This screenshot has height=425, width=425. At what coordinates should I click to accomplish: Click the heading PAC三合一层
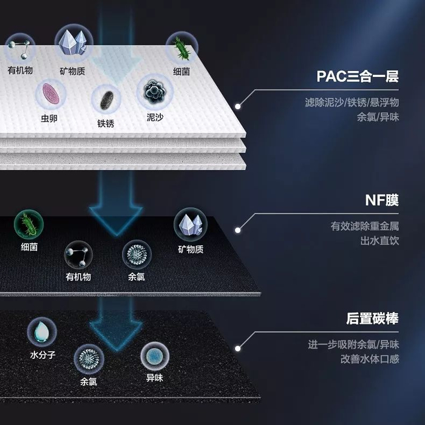click(x=357, y=76)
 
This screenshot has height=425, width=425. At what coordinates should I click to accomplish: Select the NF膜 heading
click(x=381, y=200)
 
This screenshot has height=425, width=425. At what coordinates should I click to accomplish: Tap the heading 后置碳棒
click(x=372, y=318)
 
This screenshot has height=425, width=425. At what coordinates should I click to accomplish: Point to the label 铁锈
click(x=106, y=124)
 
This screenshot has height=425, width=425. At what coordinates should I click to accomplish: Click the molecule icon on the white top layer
click(x=20, y=48)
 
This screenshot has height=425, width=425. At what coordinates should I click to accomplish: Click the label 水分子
click(x=42, y=355)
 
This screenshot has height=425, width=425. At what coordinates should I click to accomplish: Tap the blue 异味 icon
click(x=154, y=356)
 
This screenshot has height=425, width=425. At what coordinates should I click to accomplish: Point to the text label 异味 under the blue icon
click(x=154, y=378)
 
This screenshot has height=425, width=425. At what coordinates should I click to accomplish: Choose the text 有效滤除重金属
click(x=364, y=226)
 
